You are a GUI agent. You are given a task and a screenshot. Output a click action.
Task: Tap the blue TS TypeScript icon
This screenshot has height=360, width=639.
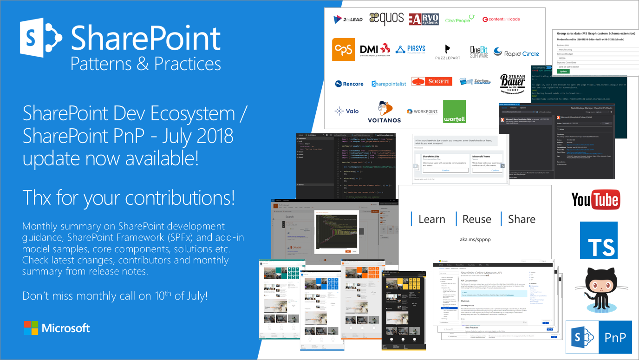click(599, 240)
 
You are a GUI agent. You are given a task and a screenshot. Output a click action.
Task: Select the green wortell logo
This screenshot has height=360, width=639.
click(454, 112)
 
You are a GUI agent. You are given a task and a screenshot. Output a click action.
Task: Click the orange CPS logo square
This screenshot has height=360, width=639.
click(343, 50)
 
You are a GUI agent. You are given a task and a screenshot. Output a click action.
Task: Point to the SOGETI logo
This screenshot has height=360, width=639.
click(431, 82)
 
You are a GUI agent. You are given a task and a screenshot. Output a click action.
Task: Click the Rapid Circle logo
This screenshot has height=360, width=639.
click(516, 53)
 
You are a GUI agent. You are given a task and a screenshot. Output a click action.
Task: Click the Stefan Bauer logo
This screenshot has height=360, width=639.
click(513, 85)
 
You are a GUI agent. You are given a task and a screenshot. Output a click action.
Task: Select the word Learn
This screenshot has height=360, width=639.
click(431, 219)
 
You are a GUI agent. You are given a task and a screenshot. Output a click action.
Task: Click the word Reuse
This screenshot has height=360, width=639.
click(476, 219)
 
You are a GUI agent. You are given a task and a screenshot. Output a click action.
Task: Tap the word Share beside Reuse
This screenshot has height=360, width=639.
click(522, 219)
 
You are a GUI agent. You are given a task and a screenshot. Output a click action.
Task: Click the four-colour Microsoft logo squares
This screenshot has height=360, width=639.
click(31, 327)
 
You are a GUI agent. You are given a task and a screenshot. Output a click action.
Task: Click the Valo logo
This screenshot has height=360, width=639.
click(346, 111)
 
